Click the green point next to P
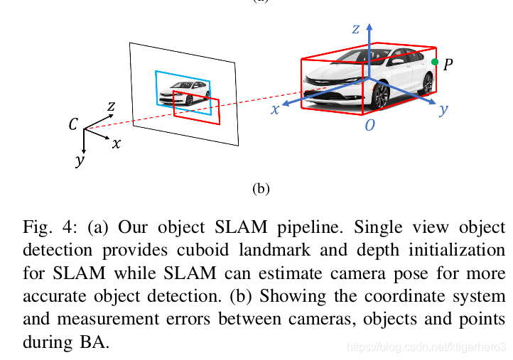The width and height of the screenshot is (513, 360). pos(435,62)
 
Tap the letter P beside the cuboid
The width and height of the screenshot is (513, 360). pos(448,65)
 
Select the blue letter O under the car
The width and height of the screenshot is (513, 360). pos(369,126)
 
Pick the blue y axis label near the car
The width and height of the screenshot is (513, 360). pos(443,109)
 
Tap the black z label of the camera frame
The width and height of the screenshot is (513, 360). pos(111,107)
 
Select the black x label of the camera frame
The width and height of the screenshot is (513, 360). pos(116,143)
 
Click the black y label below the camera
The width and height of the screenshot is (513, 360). pos(79,160)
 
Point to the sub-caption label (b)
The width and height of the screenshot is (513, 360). pos(261,189)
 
